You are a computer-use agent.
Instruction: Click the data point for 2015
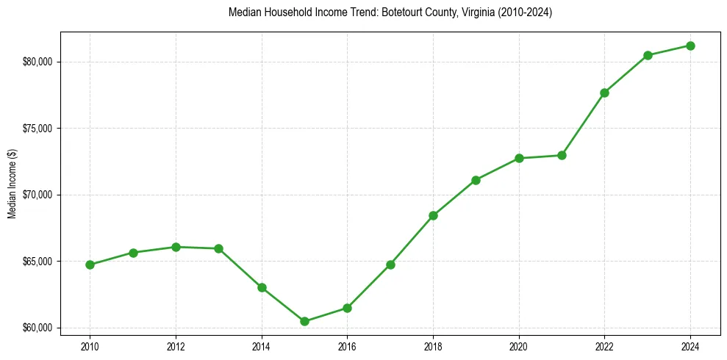304,321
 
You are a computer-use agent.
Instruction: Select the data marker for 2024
691,46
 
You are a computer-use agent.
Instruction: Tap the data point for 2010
90,264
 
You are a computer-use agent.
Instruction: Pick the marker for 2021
562,155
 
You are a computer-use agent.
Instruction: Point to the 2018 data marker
433,215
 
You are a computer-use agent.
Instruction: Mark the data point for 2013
218,248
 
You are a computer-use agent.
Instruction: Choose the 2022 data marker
604,93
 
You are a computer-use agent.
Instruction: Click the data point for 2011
133,253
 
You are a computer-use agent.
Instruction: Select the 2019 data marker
476,180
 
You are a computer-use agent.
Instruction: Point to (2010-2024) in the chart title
526,13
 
